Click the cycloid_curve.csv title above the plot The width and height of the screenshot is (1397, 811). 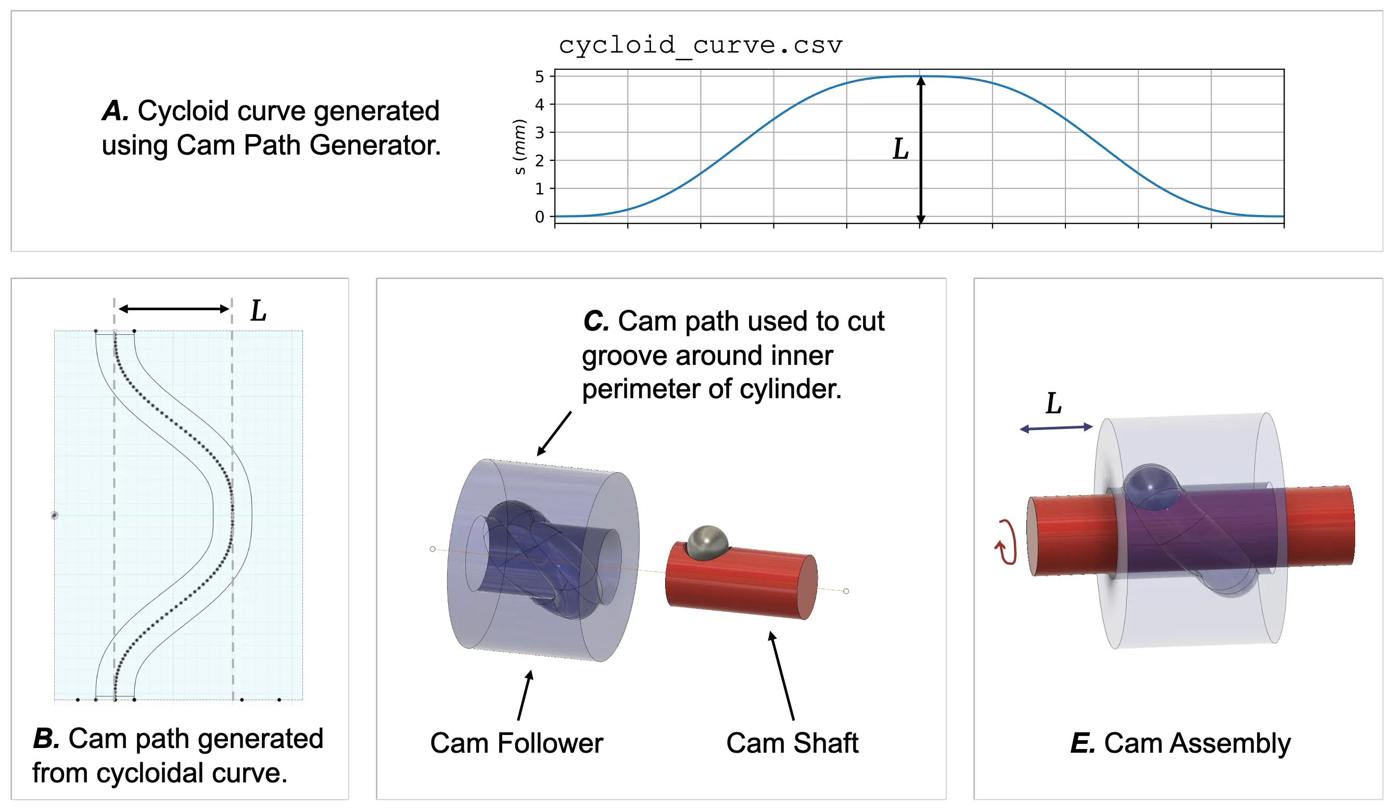click(700, 45)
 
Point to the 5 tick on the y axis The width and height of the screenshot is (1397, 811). click(539, 77)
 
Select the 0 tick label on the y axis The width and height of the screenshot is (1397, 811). click(539, 217)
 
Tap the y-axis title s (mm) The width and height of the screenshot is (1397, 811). click(519, 147)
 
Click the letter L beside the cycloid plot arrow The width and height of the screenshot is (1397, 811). click(901, 149)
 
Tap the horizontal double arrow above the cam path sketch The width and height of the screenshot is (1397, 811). click(174, 309)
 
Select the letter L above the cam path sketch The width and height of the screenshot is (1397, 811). click(258, 311)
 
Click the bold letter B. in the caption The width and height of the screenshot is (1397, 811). click(46, 739)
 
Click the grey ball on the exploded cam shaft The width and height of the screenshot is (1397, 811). click(707, 543)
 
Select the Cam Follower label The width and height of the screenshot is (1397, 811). click(516, 743)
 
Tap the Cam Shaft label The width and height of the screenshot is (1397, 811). click(792, 743)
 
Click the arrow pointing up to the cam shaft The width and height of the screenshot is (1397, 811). click(782, 676)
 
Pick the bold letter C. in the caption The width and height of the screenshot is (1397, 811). click(596, 322)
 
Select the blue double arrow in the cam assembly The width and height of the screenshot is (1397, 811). click(1056, 428)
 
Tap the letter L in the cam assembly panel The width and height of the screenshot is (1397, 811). click(1054, 403)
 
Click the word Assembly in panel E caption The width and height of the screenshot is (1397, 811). click(1229, 743)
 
